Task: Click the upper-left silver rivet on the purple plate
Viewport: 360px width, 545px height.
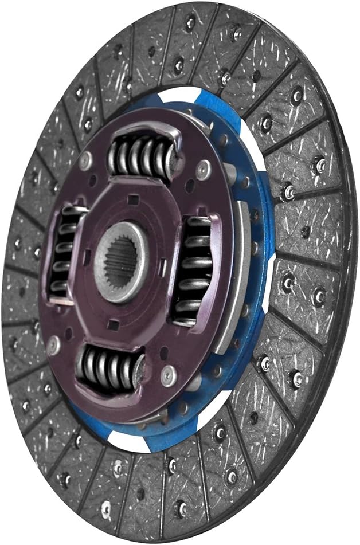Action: point(86,161)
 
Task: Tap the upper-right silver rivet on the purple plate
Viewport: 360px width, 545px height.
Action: point(202,170)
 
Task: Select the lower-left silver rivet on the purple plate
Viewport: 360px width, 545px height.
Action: point(54,345)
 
